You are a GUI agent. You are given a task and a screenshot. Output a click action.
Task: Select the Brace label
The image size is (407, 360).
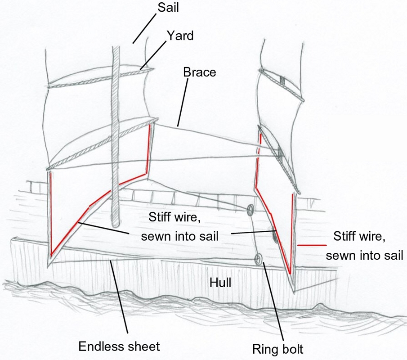[x=199, y=72]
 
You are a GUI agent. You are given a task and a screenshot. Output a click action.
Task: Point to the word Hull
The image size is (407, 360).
[x=220, y=283]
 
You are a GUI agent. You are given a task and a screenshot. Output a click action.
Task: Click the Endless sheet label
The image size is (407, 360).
[x=119, y=346]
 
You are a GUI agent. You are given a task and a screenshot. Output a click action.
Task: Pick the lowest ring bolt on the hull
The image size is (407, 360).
[x=258, y=258]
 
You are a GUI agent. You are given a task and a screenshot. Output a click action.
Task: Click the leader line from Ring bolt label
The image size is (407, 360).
[x=273, y=301]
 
